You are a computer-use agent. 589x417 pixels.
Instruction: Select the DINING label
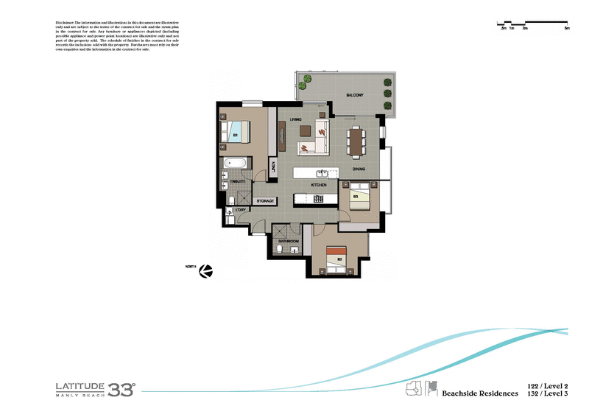pos(359,169)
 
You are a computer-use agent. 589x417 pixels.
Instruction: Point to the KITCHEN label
pos(318,184)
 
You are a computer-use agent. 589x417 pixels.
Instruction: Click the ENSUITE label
pos(237,181)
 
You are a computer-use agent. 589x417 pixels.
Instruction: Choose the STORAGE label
pos(265,200)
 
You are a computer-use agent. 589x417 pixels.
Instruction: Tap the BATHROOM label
pos(288,241)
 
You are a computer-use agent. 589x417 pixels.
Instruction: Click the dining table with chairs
pos(357,141)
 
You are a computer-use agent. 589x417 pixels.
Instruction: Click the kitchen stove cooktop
pos(319,198)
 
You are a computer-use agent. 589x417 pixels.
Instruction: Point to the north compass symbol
pos(208,271)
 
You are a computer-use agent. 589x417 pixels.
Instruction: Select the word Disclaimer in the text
pos(70,23)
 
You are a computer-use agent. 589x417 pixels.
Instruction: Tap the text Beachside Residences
pos(479,394)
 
